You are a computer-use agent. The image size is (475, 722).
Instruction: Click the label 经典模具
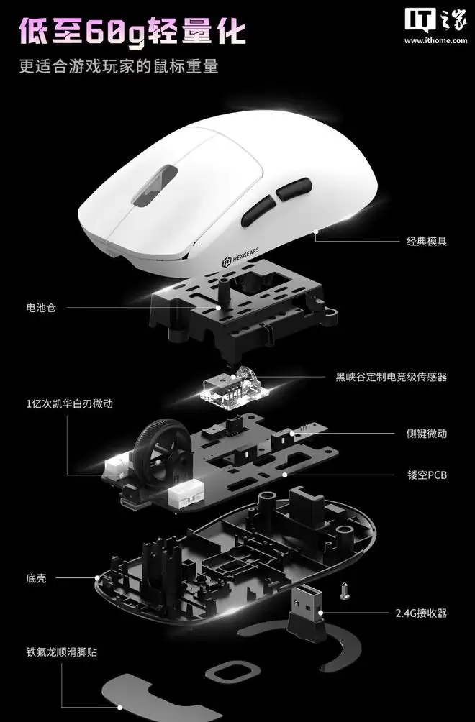pos(426,241)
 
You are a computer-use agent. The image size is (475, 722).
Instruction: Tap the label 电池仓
pos(41,307)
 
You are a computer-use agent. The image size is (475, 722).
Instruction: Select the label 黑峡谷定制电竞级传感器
pos(391,377)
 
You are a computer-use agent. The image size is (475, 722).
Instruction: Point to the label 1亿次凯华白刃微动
pos(69,404)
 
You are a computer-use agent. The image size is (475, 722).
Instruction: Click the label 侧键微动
pos(427,434)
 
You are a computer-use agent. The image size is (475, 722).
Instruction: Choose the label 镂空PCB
pos(427,475)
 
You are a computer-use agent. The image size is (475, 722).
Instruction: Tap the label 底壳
pos(36,578)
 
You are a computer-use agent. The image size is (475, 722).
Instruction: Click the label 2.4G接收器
pos(421,613)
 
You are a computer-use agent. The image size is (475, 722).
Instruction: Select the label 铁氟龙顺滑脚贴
pos(61,652)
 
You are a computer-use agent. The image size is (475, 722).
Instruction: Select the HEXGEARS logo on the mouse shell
pos(241,257)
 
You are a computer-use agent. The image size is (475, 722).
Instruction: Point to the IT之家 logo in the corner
pos(435,21)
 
